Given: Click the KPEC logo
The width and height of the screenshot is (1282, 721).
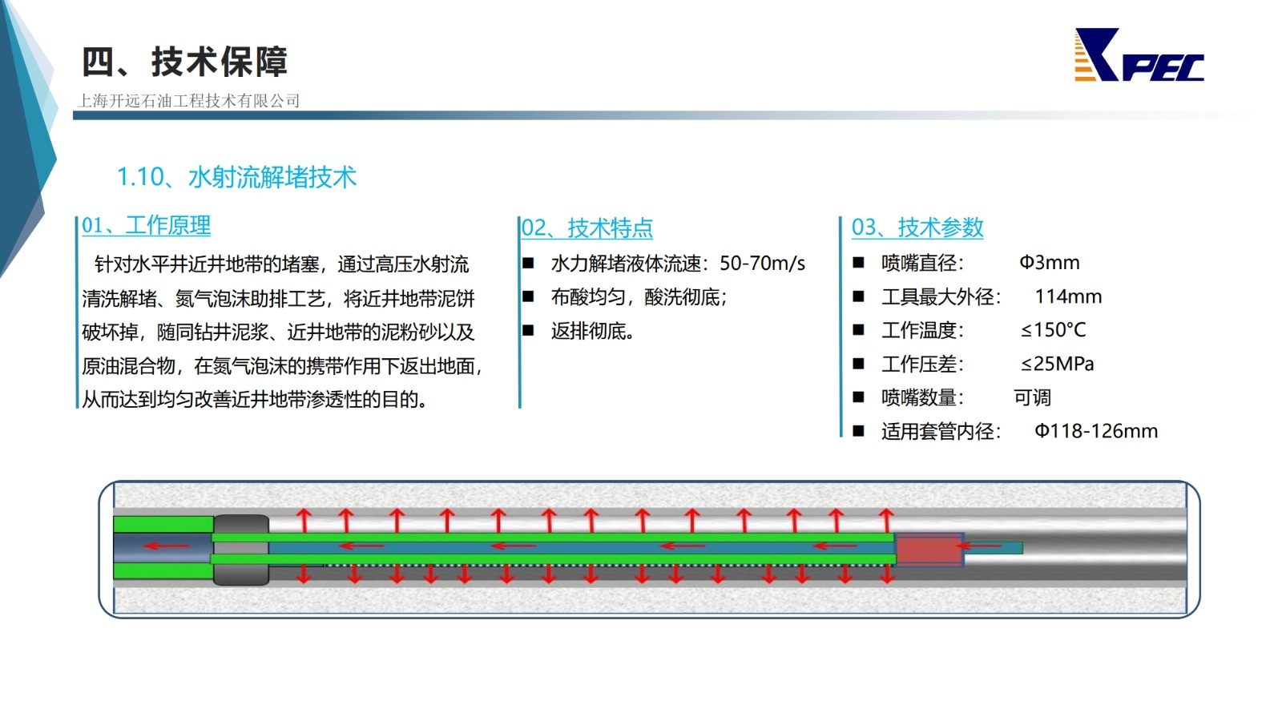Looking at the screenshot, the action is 1139,55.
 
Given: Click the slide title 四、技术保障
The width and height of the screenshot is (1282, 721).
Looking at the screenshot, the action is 184,62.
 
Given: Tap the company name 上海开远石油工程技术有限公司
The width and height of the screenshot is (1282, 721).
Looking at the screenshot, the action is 188,101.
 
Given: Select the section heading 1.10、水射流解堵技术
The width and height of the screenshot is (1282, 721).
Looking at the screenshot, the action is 236,177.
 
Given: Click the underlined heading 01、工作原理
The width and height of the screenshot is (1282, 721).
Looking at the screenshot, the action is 146,225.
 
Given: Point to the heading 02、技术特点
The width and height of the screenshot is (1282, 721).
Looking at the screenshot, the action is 587,228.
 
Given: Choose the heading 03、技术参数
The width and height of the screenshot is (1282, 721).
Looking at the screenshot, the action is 917,228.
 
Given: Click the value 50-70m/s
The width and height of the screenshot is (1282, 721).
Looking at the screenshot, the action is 762,264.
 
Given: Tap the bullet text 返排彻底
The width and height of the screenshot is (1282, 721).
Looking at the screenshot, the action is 592,331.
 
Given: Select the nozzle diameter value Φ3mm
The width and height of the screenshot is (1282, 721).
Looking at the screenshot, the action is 1049,263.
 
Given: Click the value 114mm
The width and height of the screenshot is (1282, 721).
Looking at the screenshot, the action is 1068,296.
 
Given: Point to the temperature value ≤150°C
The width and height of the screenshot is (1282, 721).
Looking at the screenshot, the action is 1053,330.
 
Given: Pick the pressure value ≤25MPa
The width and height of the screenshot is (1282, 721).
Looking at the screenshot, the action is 1057,364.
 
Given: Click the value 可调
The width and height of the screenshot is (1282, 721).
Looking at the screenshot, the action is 1033,397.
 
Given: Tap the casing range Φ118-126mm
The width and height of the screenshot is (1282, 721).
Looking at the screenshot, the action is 1095,431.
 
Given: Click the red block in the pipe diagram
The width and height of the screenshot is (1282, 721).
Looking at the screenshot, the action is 929,550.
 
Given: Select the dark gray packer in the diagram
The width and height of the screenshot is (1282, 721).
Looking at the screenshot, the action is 241,550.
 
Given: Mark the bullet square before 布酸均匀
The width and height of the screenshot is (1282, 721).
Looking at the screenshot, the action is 528,296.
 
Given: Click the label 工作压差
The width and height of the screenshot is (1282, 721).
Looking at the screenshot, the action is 922,364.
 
